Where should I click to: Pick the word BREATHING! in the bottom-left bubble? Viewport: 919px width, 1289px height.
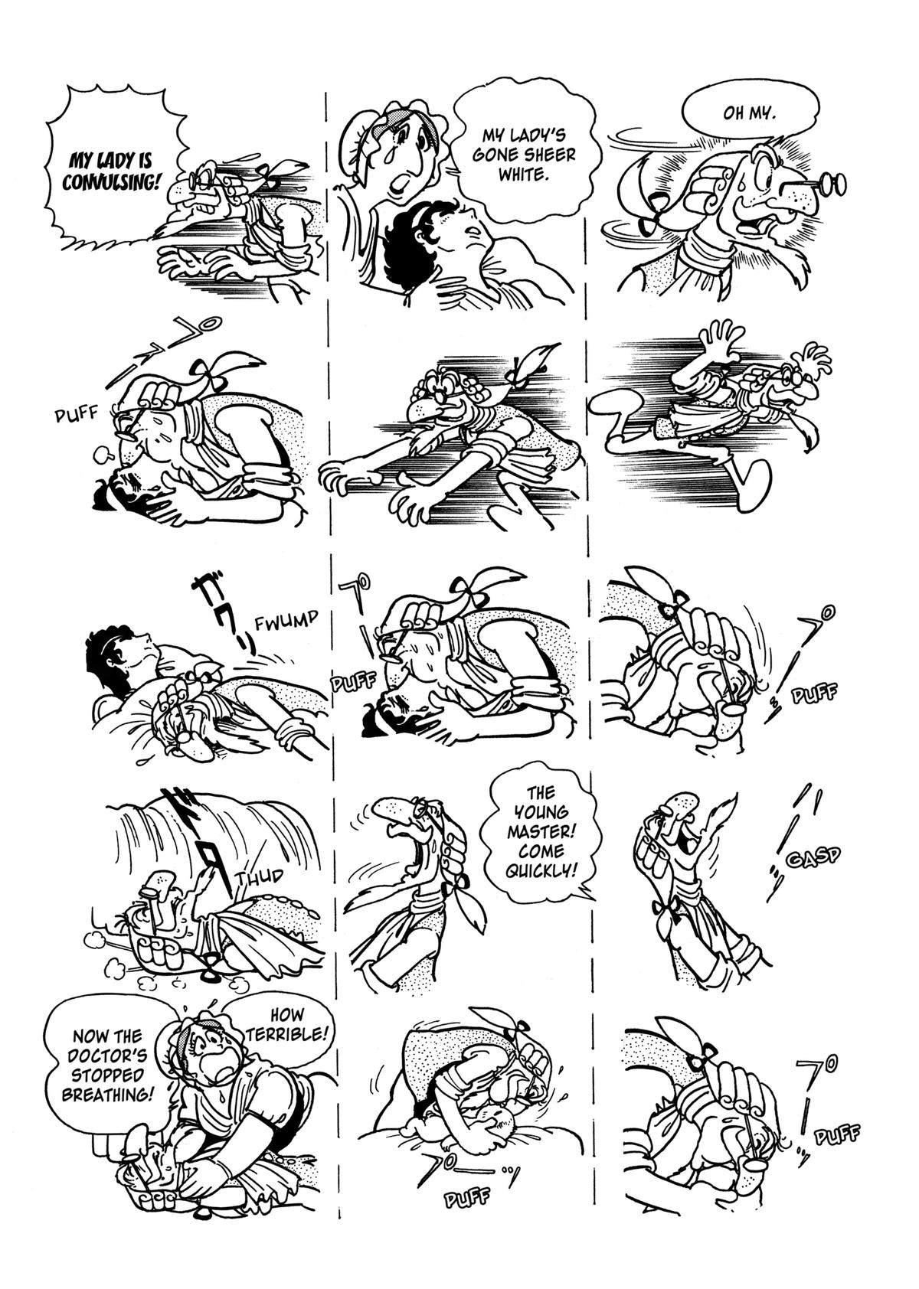[x=106, y=1094]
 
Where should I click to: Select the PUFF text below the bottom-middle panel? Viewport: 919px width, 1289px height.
[x=466, y=1198]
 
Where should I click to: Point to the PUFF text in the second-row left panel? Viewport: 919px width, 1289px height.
[x=77, y=416]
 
